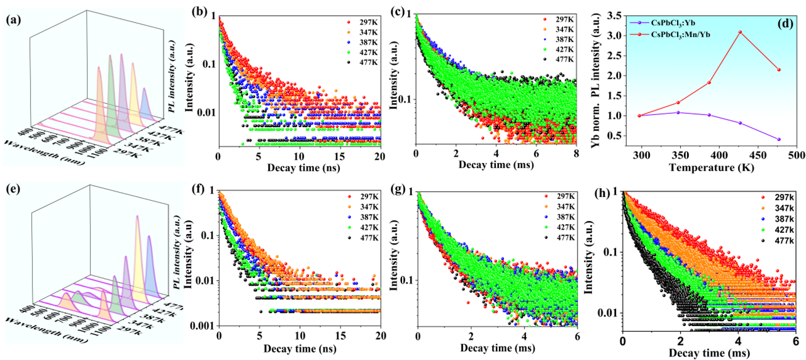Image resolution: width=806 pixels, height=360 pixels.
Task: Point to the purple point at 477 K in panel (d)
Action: (779, 139)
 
